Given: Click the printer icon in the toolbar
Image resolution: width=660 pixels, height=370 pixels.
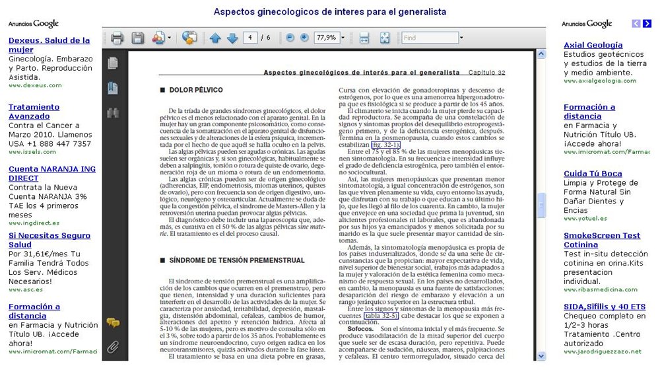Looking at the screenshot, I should pos(117,38).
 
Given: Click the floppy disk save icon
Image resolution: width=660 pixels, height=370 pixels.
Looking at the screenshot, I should pos(137,38).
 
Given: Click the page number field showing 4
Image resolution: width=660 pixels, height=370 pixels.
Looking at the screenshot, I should pos(251,38).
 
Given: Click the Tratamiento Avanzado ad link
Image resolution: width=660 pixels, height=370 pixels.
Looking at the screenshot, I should pos(29,112).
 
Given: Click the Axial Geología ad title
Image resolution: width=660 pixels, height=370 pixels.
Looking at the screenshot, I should pos(593,45).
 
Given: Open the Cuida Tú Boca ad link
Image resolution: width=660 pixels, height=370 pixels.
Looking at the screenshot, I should pos(593,174).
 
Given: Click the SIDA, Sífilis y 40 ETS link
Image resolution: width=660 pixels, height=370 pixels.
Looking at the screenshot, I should pos(604,307).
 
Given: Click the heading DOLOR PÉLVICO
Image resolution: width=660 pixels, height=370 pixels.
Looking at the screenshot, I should pos(191,89).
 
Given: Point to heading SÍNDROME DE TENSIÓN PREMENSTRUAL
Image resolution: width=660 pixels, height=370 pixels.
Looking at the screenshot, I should pos(236,260).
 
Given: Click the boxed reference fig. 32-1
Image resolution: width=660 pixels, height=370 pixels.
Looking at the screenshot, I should pos(385,144).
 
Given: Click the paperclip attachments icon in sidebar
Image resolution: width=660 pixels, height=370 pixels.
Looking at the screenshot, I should pos(114,346).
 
